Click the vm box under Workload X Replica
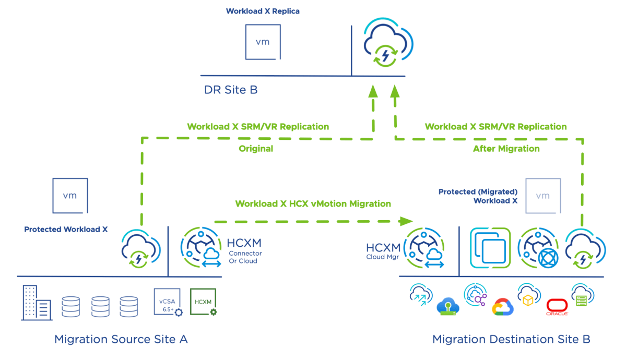(x=262, y=42)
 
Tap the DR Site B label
(x=230, y=90)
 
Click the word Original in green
(x=256, y=149)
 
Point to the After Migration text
(x=506, y=149)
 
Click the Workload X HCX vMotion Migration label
(x=313, y=203)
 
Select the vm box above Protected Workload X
(x=70, y=196)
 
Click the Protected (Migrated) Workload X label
(x=478, y=196)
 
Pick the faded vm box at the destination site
(x=543, y=196)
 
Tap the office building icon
(x=36, y=303)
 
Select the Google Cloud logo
(x=503, y=307)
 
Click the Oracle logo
(x=557, y=308)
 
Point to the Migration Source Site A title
(x=121, y=340)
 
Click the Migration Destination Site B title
(x=511, y=340)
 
